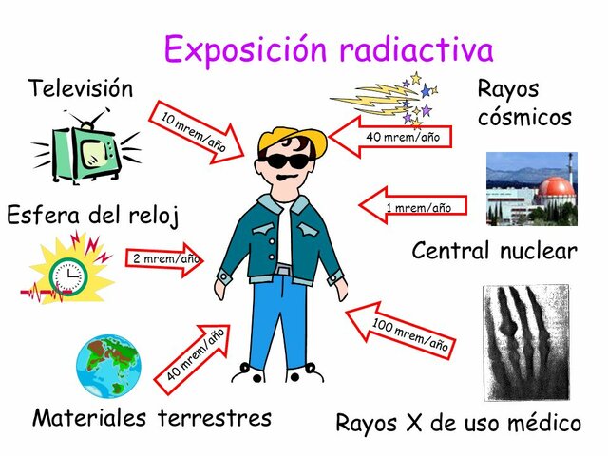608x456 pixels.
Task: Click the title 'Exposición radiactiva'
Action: pos(329,47)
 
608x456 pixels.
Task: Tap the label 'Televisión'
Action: pos(81,89)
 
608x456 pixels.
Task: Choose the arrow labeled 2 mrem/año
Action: pos(163,258)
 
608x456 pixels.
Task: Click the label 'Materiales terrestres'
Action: pos(152,417)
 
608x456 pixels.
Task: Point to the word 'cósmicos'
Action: pos(524,118)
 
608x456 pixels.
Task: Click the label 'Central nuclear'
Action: pos(494,251)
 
